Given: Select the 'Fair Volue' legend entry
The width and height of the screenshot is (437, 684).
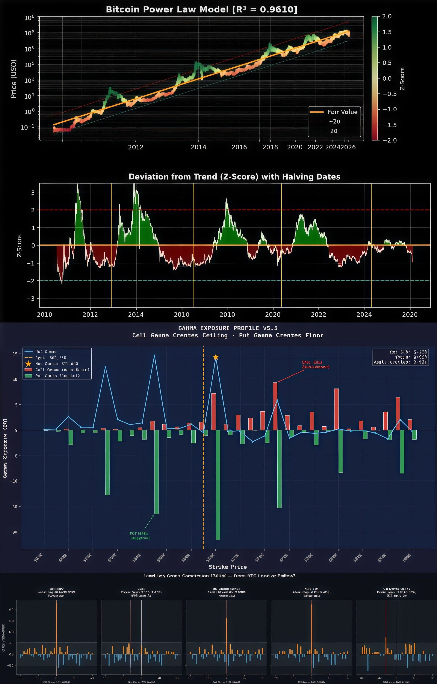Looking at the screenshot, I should click(342, 112).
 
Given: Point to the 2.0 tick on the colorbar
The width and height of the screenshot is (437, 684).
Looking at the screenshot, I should click(387, 17).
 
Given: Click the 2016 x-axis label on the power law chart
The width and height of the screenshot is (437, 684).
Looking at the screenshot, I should click(239, 147).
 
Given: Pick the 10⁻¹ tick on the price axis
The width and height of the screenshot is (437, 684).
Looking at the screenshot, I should click(27, 127).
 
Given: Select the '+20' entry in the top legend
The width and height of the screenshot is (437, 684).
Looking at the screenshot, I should click(334, 122).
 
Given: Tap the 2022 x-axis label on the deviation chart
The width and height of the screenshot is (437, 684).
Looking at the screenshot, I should click(319, 315).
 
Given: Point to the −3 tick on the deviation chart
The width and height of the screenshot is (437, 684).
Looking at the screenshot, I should click(31, 299).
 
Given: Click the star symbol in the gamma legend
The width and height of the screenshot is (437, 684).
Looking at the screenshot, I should click(28, 364).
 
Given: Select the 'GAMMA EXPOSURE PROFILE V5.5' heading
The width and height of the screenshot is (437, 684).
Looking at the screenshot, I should click(228, 328).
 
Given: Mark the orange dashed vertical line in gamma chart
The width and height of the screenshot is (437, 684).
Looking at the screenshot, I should click(203, 469).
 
